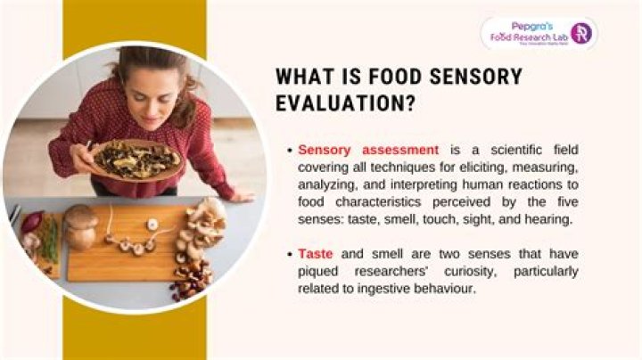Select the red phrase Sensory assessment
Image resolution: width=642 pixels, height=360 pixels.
(x=367, y=151)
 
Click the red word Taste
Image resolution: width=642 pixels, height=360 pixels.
(x=315, y=254)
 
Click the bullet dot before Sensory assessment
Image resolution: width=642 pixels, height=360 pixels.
(x=290, y=151)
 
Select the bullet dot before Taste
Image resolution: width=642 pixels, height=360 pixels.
(x=290, y=254)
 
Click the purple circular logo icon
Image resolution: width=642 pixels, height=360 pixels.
(x=580, y=33)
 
